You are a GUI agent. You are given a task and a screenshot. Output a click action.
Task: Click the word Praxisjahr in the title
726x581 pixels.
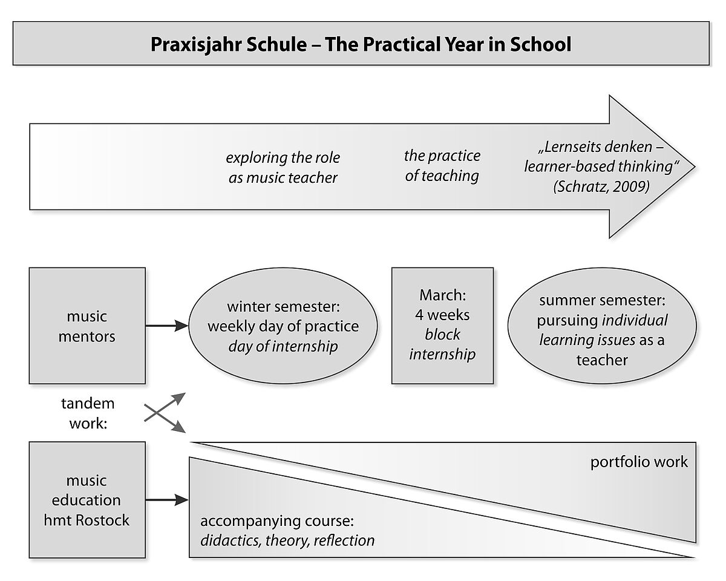pyautogui.click(x=195, y=45)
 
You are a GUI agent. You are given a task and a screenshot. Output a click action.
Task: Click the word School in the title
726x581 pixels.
pyautogui.click(x=541, y=44)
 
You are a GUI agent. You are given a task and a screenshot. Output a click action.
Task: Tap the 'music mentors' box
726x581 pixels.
pyautogui.click(x=87, y=326)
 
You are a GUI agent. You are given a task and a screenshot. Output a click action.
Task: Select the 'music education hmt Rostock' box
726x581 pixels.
pyautogui.click(x=87, y=500)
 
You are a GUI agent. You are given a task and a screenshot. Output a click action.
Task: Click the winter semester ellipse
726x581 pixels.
pyautogui.click(x=283, y=326)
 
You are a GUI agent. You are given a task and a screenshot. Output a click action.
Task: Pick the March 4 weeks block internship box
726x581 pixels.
pyautogui.click(x=443, y=326)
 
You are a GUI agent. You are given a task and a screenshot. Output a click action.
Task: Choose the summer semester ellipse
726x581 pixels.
pyautogui.click(x=602, y=326)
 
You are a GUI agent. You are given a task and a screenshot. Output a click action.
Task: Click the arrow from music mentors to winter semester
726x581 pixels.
pyautogui.click(x=167, y=326)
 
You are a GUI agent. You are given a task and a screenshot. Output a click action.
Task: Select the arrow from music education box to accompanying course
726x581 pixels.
pyautogui.click(x=167, y=500)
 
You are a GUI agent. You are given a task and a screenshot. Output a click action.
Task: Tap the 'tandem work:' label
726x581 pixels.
pyautogui.click(x=88, y=413)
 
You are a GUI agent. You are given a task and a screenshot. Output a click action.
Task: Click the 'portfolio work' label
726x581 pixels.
pyautogui.click(x=639, y=462)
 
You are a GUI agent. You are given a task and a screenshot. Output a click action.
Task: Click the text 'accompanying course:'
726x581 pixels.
pyautogui.click(x=277, y=521)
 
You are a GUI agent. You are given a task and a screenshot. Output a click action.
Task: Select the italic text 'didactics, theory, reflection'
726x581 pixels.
pyautogui.click(x=287, y=540)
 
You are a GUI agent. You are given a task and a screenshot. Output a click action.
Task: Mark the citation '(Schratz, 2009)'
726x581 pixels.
pyautogui.click(x=601, y=186)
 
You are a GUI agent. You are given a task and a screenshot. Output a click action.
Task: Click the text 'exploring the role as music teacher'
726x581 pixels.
pyautogui.click(x=283, y=168)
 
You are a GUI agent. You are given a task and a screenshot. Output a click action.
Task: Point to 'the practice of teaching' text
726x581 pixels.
pyautogui.click(x=442, y=166)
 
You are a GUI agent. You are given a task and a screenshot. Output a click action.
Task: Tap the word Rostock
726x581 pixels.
pyautogui.click(x=103, y=520)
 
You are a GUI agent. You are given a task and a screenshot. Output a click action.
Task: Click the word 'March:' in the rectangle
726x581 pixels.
pyautogui.click(x=443, y=295)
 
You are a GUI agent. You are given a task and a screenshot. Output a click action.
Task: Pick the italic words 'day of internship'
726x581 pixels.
pyautogui.click(x=283, y=346)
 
